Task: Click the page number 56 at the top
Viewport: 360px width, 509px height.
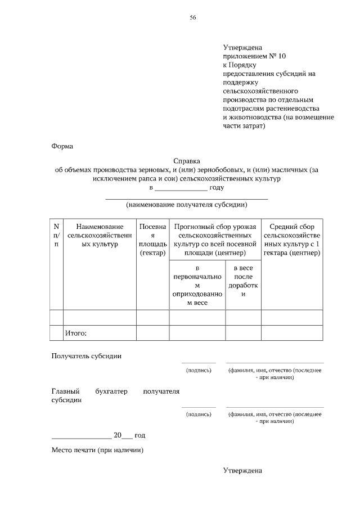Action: [x=192, y=18]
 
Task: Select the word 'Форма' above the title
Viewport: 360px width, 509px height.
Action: [x=62, y=146]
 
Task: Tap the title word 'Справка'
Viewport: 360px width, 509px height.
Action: [x=187, y=161]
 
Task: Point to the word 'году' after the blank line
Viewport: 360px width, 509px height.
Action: [x=217, y=187]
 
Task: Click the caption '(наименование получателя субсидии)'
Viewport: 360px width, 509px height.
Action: [x=187, y=204]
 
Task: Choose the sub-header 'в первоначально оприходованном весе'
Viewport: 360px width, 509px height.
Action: [x=197, y=286]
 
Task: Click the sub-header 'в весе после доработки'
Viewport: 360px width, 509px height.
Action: [x=243, y=282]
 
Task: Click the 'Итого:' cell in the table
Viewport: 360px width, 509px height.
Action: [x=75, y=334]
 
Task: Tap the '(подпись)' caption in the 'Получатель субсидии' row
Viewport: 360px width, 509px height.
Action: [x=199, y=370]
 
